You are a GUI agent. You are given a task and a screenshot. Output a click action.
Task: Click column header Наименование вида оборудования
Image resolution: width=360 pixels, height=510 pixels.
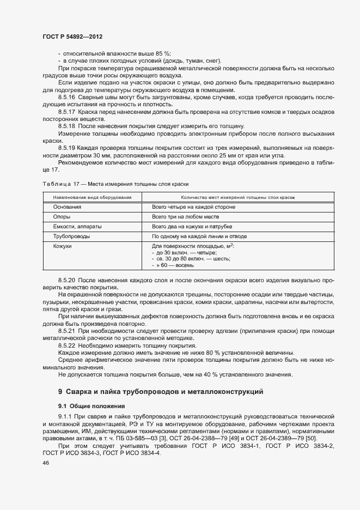point(92,197)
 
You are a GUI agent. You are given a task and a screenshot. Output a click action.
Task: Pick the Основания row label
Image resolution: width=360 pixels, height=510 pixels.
point(68,207)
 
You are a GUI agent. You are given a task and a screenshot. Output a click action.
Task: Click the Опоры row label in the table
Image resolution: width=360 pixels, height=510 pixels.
point(62,217)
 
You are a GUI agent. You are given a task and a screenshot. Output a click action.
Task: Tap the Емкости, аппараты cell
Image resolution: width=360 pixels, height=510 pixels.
point(77,226)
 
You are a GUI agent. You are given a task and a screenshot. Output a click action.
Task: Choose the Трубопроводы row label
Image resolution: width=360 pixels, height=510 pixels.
point(72,236)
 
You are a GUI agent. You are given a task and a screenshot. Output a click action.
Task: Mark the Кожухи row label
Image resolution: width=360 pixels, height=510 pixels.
point(63,246)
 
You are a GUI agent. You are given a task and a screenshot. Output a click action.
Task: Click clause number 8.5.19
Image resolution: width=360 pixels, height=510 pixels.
point(67,148)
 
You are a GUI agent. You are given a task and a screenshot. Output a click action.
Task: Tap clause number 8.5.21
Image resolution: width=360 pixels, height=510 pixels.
point(67,331)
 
